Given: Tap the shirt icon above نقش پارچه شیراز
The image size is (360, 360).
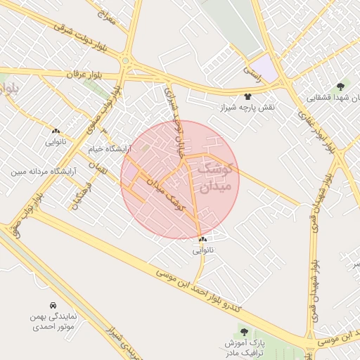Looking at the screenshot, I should pyautogui.click(x=247, y=96).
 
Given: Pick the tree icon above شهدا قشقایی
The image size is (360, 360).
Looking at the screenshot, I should pyautogui.click(x=340, y=86).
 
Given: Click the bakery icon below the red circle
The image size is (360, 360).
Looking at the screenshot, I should pyautogui.click(x=202, y=239).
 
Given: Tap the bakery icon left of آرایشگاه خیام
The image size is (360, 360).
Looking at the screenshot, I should pyautogui.click(x=56, y=130).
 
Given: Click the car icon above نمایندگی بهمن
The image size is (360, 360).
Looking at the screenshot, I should pyautogui.click(x=53, y=305).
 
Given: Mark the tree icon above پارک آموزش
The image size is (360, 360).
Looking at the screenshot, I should pyautogui.click(x=243, y=331).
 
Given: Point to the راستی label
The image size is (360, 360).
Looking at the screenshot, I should pyautogui.click(x=252, y=70).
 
